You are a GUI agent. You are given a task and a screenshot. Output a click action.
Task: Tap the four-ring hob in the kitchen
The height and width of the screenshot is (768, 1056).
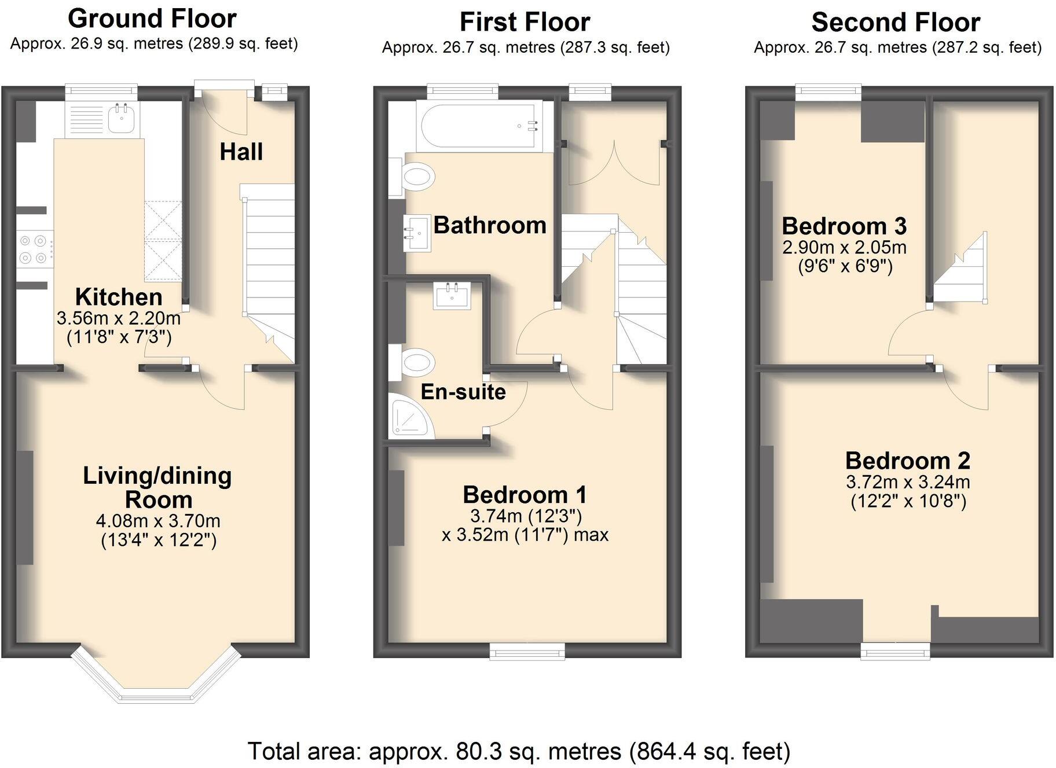(x=34, y=249)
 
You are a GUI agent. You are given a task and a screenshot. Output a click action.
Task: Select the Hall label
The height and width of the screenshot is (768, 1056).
(x=241, y=152)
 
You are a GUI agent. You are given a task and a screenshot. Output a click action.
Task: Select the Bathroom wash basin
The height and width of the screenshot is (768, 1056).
(x=417, y=232)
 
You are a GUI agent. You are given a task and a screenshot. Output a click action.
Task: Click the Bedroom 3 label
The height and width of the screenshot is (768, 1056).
(x=844, y=226)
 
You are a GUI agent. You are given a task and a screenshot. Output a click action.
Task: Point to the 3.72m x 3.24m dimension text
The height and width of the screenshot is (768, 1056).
(x=908, y=482)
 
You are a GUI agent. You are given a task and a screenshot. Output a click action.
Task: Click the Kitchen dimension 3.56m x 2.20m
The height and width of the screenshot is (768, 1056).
(x=119, y=318)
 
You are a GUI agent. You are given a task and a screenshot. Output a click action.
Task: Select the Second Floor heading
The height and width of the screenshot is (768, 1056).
(x=896, y=23)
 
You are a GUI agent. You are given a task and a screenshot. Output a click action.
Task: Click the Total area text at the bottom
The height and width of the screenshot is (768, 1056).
(x=519, y=751)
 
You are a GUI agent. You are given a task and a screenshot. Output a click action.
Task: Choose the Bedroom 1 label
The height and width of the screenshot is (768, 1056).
(x=525, y=495)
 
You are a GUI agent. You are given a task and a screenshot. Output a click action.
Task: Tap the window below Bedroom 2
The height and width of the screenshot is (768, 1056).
(x=895, y=651)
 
